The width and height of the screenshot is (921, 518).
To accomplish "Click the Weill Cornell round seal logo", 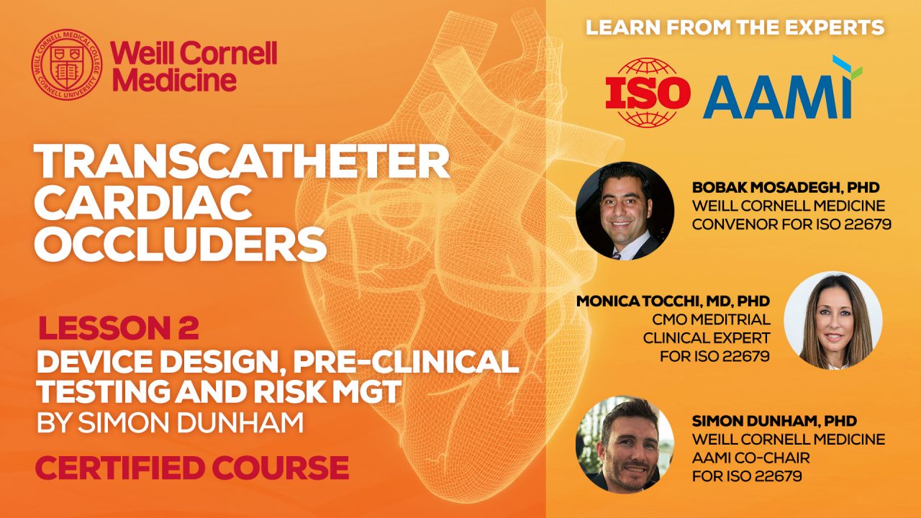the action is pyautogui.click(x=67, y=65).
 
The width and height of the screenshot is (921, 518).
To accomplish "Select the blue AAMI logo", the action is pyautogui.click(x=782, y=88).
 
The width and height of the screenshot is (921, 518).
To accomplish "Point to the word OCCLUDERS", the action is pyautogui.click(x=181, y=245).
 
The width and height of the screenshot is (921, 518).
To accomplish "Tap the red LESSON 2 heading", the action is pyautogui.click(x=119, y=328).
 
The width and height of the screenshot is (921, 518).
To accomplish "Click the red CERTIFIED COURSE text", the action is pyautogui.click(x=192, y=468).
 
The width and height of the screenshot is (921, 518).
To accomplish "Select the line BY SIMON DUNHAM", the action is pyautogui.click(x=171, y=423).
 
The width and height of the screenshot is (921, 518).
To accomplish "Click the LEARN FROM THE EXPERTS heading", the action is pyautogui.click(x=735, y=27).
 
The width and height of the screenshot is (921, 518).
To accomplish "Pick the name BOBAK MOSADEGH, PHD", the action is pyautogui.click(x=786, y=188).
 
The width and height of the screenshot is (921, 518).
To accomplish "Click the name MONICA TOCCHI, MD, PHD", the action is pyautogui.click(x=673, y=301).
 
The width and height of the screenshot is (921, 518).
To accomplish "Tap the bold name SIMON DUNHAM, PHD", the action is pyautogui.click(x=775, y=421).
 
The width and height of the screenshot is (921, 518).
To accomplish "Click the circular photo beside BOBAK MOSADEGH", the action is pyautogui.click(x=625, y=211).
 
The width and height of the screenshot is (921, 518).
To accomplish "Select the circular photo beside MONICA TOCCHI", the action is pyautogui.click(x=833, y=320).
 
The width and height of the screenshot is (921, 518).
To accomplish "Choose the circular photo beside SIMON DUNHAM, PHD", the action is pyautogui.click(x=625, y=445).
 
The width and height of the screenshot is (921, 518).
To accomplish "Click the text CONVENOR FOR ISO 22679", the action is pyautogui.click(x=792, y=224).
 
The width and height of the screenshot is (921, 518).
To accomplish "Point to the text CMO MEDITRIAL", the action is pyautogui.click(x=712, y=319).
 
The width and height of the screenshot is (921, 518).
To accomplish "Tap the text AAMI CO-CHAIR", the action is pyautogui.click(x=751, y=458).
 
